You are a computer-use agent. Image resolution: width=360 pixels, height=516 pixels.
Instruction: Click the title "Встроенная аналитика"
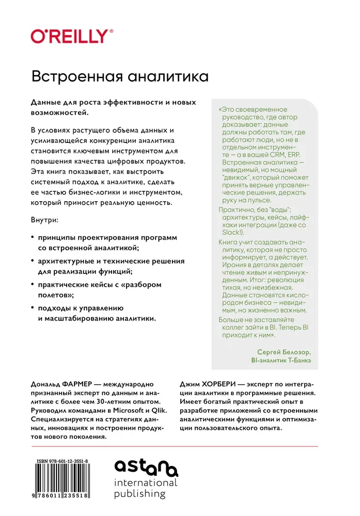point(119,76)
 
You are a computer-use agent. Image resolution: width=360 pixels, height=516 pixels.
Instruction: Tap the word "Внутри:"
point(45,220)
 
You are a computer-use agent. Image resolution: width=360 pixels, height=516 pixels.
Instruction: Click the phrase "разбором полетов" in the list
point(103,290)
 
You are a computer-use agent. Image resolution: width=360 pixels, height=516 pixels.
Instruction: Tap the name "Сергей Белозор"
point(280,351)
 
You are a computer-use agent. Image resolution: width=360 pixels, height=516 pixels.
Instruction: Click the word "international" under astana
point(146,483)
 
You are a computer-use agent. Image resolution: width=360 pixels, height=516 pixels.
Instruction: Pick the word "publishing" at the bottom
point(140,494)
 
